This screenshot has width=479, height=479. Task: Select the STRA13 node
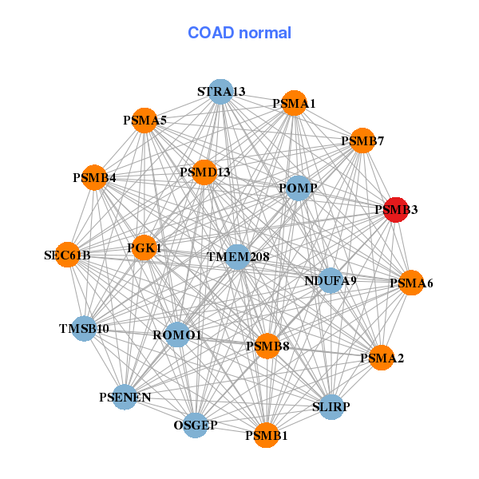(220, 92)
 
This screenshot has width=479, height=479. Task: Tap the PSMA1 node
(294, 104)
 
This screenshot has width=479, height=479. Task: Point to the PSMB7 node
(362, 141)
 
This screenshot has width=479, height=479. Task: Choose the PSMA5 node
(144, 121)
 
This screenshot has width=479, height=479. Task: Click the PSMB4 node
(94, 177)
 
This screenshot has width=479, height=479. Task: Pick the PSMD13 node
(204, 172)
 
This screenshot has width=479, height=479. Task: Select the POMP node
(298, 188)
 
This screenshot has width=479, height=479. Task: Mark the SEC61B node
(68, 255)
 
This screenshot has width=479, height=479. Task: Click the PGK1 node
(144, 248)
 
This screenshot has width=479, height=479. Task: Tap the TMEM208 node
(238, 257)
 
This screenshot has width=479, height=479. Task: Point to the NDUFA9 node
(331, 280)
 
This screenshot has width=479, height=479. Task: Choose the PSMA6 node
(411, 283)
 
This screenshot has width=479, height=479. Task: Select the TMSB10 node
(84, 328)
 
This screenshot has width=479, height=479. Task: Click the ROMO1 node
(177, 335)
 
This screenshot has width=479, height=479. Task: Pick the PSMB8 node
(267, 346)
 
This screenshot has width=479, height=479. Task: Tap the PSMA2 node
(382, 358)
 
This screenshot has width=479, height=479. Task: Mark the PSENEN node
(125, 397)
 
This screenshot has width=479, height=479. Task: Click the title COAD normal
(239, 33)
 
